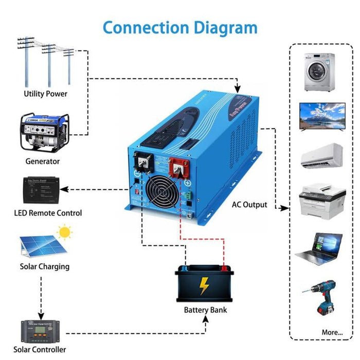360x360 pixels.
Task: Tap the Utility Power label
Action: (x=45, y=94)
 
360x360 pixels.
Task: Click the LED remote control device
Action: (x=42, y=190)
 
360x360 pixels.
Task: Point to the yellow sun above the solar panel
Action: (x=65, y=232)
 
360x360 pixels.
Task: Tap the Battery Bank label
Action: (x=205, y=310)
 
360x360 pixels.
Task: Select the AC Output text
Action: (x=248, y=205)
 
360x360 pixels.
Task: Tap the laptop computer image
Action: (x=320, y=248)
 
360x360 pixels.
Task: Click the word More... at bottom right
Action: (x=332, y=332)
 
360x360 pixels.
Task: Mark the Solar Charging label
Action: (x=45, y=267)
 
